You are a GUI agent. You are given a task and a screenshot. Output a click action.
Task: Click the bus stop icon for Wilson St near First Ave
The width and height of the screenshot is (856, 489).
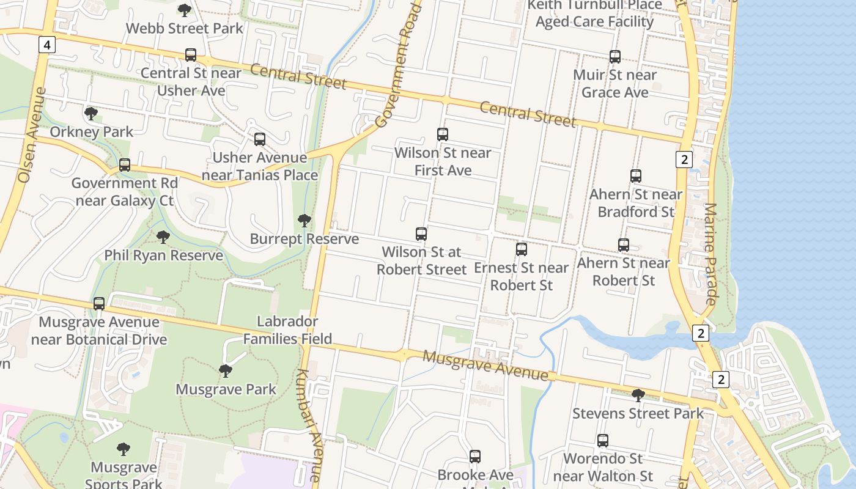443,134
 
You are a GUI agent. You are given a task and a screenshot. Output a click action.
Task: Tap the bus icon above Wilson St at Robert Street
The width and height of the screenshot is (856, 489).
421,233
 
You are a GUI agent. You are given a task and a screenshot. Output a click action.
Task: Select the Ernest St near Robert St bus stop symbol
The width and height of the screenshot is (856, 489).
521,249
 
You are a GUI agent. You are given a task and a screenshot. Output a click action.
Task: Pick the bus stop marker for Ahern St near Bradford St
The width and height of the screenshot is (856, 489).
636,176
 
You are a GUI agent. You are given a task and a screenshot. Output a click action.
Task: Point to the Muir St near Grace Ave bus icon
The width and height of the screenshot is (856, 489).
615,57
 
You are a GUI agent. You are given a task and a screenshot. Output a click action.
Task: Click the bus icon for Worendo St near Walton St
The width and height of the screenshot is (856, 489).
603,440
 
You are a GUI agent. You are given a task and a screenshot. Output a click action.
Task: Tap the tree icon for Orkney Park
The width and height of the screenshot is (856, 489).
91,113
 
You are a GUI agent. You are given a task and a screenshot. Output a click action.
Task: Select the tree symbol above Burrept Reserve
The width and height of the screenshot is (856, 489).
304,221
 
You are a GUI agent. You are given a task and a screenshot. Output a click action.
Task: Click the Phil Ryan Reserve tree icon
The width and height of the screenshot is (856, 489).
163,237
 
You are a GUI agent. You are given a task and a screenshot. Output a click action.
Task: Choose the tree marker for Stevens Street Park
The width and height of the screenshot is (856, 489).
638,395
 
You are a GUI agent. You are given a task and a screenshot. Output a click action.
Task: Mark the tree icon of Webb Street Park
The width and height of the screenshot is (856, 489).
184,10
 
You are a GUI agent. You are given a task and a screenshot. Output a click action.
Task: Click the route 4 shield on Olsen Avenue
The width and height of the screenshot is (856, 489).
46,44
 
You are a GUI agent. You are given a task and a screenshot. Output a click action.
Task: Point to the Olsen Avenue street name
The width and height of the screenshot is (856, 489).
31,135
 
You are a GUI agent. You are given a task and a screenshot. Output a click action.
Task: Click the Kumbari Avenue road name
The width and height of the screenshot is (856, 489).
308,425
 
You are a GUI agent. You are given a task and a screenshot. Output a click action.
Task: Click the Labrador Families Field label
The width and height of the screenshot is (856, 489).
287,330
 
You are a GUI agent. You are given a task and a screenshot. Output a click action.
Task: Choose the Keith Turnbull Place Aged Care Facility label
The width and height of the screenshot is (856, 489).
594,13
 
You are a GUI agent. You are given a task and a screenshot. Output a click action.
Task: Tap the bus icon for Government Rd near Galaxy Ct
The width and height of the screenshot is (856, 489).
125,165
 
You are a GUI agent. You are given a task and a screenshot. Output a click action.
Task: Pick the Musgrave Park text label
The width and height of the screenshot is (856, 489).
226,389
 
